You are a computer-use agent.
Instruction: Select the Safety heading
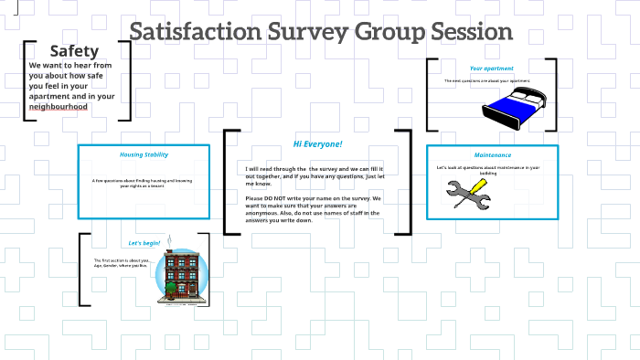[75, 51]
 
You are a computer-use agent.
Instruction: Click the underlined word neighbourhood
[59, 107]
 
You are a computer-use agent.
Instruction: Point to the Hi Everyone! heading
[317, 144]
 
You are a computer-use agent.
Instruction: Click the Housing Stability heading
[144, 154]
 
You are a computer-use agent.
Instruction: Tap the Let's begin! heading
[144, 243]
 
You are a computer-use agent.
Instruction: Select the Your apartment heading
[491, 69]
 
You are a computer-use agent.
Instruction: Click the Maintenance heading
[492, 154]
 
